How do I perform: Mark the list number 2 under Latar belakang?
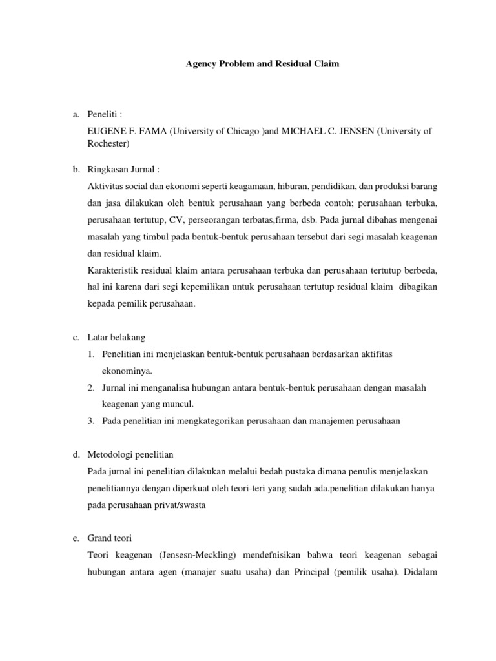[93, 387]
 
